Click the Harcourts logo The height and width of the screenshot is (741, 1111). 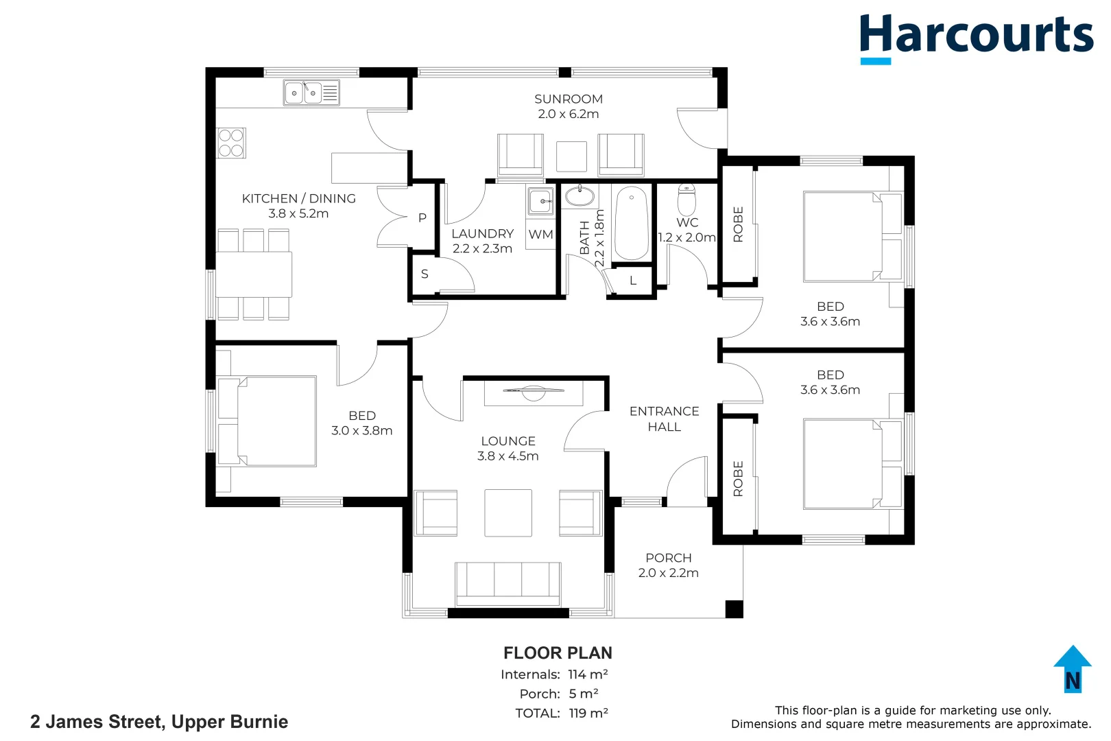click(976, 38)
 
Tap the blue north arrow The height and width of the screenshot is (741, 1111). click(1073, 669)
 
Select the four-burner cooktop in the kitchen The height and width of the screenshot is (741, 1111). click(231, 143)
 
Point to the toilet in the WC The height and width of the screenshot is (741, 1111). click(686, 200)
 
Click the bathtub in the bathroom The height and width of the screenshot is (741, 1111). click(631, 224)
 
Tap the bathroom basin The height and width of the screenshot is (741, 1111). click(580, 196)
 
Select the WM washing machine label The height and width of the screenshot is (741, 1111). click(540, 234)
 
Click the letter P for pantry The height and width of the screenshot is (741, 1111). click(422, 217)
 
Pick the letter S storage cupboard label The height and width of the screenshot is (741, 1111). click(425, 274)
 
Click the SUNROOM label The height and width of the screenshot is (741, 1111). click(569, 99)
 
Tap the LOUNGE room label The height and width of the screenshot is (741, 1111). click(508, 441)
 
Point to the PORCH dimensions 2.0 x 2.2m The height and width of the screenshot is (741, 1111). click(669, 573)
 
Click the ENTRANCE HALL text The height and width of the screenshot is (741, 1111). click(664, 419)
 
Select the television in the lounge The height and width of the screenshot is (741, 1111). click(533, 392)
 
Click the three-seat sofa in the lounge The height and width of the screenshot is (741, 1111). click(508, 584)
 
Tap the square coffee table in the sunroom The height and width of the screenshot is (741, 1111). click(571, 156)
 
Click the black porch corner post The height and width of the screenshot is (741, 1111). click(734, 609)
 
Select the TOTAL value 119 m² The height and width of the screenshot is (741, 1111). click(588, 713)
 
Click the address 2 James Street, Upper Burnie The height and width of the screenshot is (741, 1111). click(159, 722)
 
